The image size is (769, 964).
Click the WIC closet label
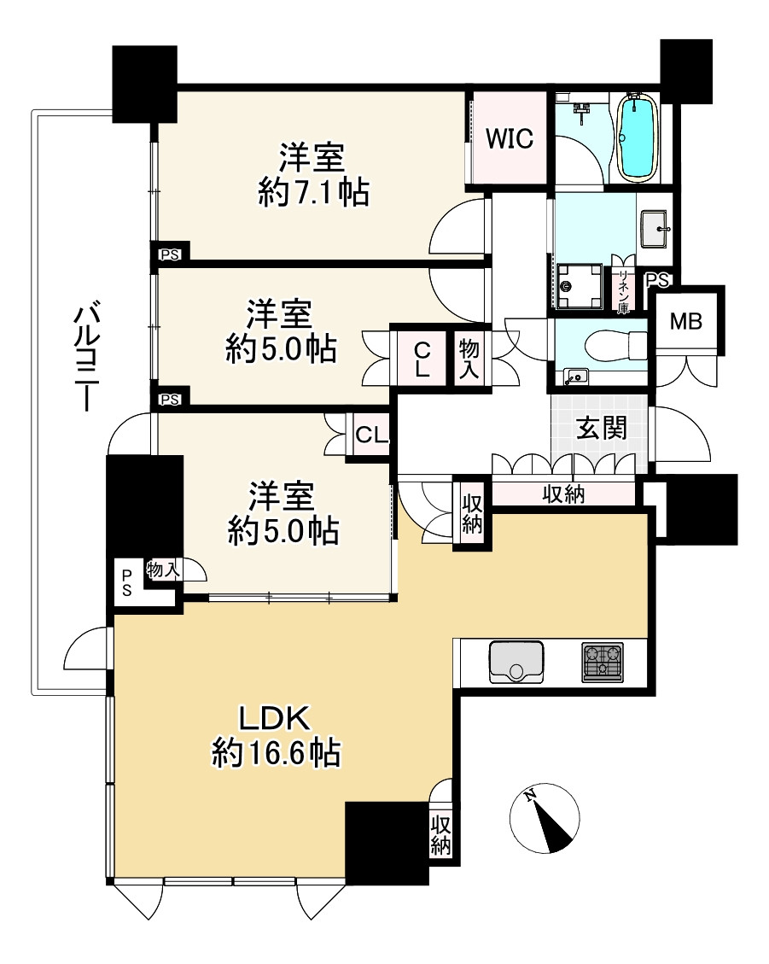(509, 138)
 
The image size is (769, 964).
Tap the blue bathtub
(636, 137)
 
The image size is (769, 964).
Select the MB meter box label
(686, 320)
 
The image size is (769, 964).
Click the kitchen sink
(516, 662)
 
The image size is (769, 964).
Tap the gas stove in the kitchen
(603, 662)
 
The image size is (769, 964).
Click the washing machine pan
(579, 285)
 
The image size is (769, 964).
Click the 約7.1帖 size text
(313, 193)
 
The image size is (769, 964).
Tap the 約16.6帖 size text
(276, 751)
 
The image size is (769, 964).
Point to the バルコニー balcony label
(85, 356)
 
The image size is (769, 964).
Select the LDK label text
(273, 718)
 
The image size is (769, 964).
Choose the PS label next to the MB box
(656, 280)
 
